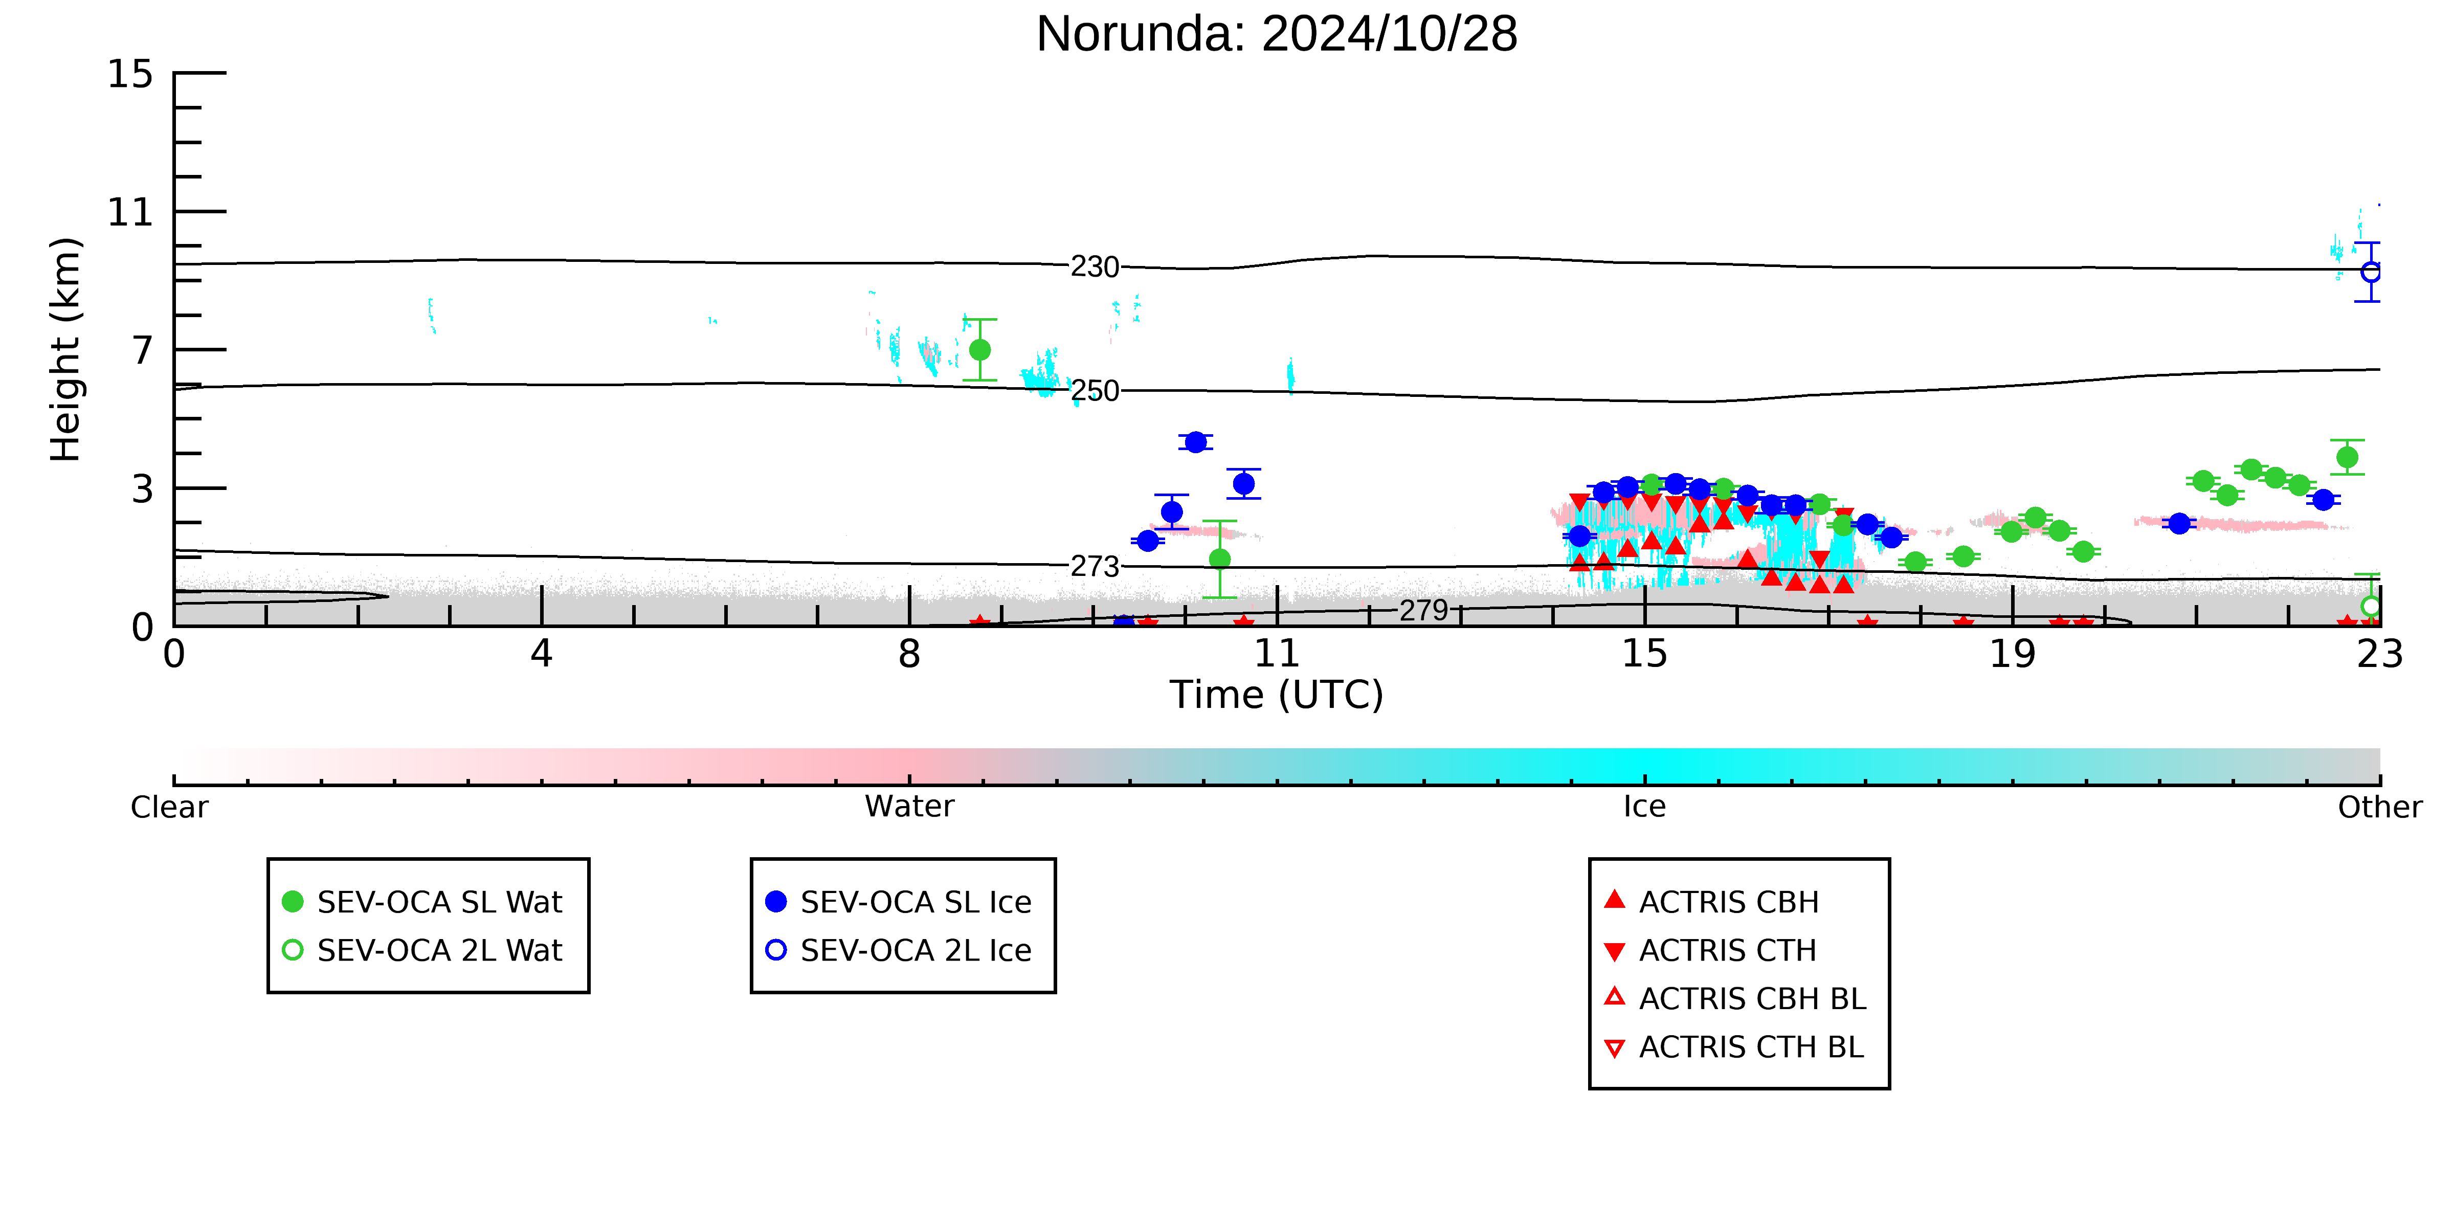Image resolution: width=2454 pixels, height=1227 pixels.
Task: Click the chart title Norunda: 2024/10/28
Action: (1277, 34)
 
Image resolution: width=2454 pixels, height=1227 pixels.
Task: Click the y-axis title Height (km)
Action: (66, 350)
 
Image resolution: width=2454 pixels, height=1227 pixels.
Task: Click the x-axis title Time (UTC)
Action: (1277, 695)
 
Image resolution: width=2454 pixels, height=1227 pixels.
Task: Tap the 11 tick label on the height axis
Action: (129, 211)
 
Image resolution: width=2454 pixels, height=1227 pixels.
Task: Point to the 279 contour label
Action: (1423, 610)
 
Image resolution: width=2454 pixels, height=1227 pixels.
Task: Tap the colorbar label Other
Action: (2380, 807)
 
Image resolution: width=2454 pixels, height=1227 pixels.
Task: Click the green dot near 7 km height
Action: (979, 350)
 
